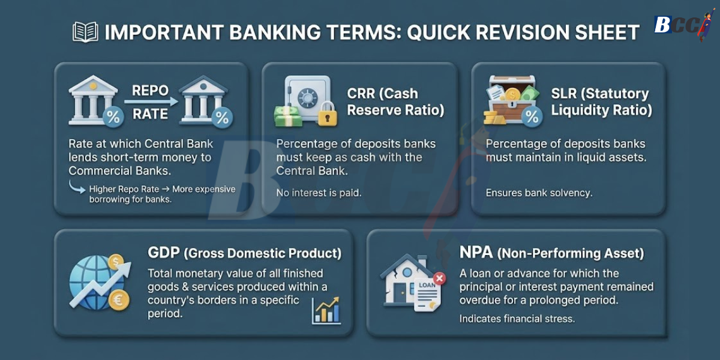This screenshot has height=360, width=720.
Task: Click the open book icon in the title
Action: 85,32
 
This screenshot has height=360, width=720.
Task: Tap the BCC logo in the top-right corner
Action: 681,25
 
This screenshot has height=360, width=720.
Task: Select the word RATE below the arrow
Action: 150,113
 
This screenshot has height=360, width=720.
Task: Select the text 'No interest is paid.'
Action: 318,193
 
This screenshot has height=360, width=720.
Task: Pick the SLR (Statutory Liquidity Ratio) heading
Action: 600,102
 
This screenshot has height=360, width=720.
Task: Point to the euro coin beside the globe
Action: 119,300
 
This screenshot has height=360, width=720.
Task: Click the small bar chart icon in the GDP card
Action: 326,310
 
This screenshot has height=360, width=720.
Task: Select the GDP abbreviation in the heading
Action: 164,253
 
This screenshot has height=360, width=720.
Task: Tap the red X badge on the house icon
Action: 439,278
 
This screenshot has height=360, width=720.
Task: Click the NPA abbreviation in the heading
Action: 476,253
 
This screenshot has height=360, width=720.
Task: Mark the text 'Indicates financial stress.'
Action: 517,319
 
